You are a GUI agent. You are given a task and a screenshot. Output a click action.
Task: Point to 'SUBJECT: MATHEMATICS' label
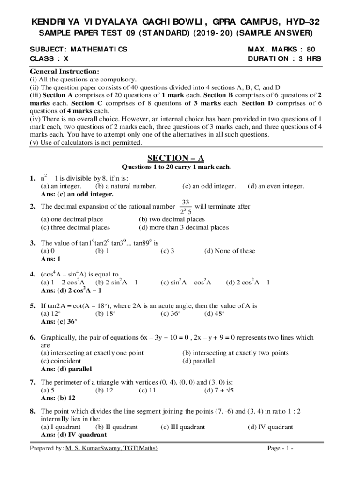pos(79,49)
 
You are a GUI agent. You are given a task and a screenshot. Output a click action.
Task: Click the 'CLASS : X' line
pos(49,59)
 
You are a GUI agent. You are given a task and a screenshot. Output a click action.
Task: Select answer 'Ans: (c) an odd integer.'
pos(77,194)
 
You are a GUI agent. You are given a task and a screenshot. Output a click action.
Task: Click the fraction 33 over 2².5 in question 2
pos(185,206)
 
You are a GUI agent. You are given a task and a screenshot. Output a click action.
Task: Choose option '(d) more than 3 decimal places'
pos(184,227)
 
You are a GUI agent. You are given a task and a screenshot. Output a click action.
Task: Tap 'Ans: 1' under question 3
pos(51,259)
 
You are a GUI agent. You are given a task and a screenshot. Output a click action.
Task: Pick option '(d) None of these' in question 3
pos(230,251)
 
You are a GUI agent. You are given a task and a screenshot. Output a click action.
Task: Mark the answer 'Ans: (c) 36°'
pos(59,321)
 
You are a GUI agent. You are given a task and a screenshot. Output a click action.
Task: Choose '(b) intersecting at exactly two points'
pos(235,353)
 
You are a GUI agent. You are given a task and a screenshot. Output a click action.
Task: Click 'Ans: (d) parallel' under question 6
pos(66,369)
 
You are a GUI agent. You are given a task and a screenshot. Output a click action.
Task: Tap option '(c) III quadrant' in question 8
pos(182,427)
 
